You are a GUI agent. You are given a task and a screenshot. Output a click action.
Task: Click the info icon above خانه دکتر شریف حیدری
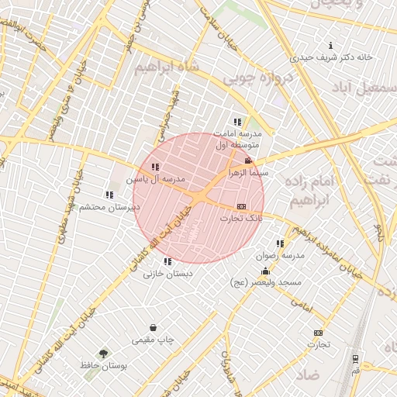pos(332,45)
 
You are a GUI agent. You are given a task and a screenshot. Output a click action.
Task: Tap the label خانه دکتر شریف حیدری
pos(332,57)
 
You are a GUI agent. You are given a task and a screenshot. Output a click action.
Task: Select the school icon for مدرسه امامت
pos(237,122)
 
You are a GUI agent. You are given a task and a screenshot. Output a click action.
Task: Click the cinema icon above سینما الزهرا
pos(248,161)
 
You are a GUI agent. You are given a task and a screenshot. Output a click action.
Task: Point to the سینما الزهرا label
pos(247,173)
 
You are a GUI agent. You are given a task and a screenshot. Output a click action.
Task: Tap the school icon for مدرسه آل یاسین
pos(156,167)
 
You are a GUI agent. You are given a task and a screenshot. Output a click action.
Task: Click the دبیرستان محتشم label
pos(112,207)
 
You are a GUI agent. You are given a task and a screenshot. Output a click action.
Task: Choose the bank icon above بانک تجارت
pos(241,206)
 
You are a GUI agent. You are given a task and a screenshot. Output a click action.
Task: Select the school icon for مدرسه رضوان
pos(280,243)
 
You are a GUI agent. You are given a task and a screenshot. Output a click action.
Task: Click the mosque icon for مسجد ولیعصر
pos(266,271)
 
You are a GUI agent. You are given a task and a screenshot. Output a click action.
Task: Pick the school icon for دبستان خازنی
pos(168,261)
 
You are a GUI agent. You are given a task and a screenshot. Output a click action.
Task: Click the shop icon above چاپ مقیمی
pos(154,327)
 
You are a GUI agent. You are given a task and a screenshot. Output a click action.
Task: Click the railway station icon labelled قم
pos(356,358)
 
